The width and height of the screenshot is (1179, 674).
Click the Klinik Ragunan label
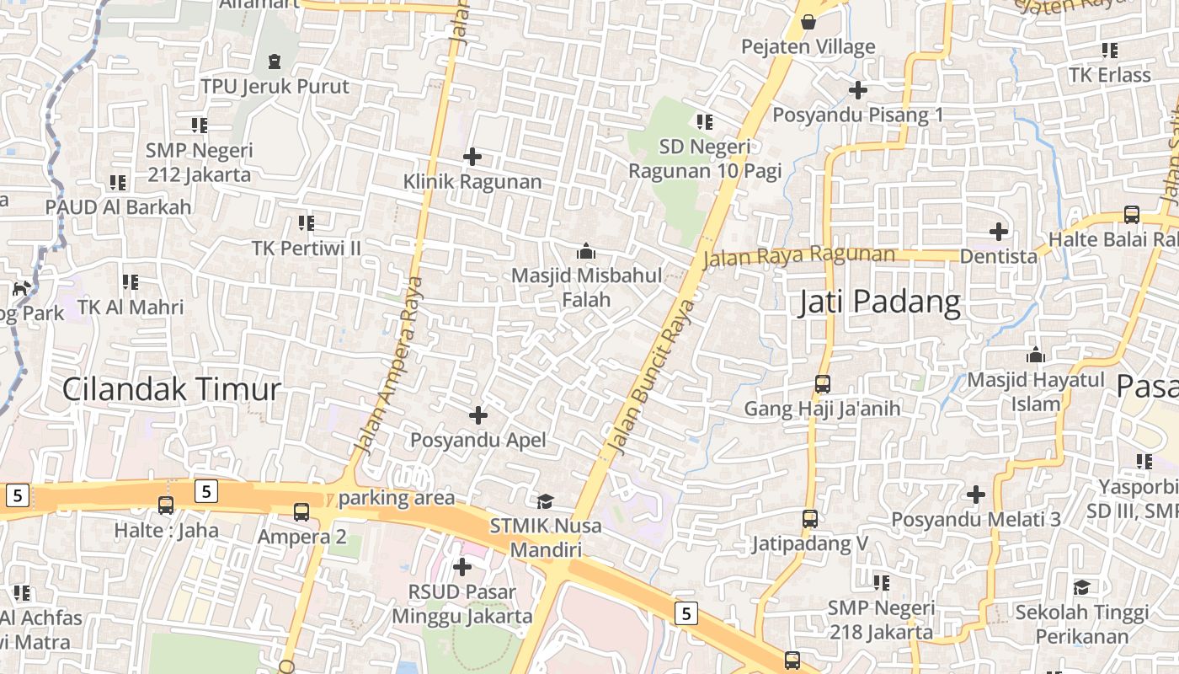tap(472, 181)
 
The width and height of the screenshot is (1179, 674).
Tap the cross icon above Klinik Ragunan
tap(472, 156)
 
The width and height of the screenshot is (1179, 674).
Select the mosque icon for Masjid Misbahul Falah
tap(585, 251)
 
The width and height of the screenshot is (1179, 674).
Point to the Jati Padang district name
tap(879, 302)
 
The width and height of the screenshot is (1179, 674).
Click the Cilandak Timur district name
tap(171, 389)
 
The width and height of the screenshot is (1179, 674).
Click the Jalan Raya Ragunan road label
tap(798, 255)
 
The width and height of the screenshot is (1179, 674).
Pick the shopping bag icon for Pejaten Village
tap(808, 22)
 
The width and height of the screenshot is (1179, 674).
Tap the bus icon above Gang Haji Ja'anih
tap(823, 384)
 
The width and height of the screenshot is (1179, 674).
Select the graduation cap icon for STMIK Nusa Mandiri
tap(546, 501)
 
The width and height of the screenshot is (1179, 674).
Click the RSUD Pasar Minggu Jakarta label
tap(462, 604)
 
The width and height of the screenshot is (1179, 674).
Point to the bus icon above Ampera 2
tap(301, 511)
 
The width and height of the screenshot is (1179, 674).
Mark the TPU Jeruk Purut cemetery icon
tap(275, 62)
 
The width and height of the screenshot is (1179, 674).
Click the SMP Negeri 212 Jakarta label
tap(199, 163)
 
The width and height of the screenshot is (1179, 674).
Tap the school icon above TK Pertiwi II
tap(307, 223)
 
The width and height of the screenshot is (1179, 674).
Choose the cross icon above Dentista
tap(999, 231)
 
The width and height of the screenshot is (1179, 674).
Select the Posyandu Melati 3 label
tap(976, 519)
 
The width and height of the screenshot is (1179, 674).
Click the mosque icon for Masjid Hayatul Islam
tap(1036, 355)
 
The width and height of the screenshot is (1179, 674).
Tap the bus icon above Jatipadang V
tap(810, 519)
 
